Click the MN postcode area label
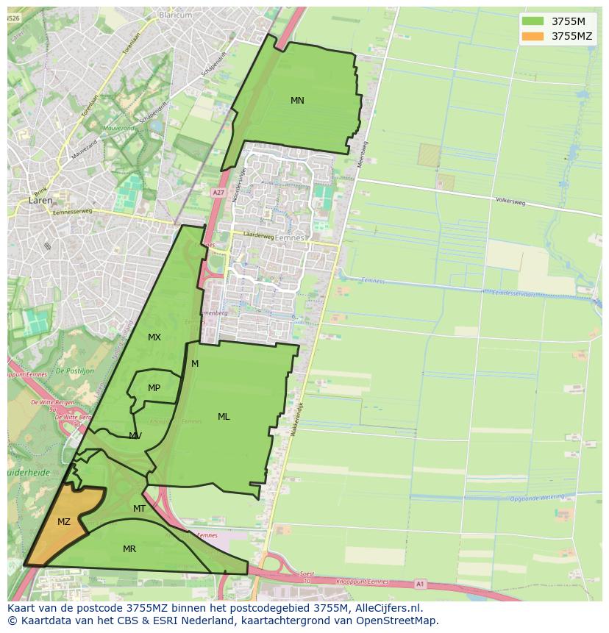click(297, 101)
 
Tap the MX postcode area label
click(154, 337)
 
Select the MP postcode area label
click(154, 388)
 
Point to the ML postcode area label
click(224, 417)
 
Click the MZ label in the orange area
click(64, 522)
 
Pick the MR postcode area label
click(129, 548)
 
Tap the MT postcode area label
click(139, 509)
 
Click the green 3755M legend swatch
click(533, 21)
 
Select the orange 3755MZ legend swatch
click(533, 35)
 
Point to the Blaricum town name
click(175, 14)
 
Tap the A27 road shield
click(218, 193)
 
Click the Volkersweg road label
click(509, 199)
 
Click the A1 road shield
click(419, 584)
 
